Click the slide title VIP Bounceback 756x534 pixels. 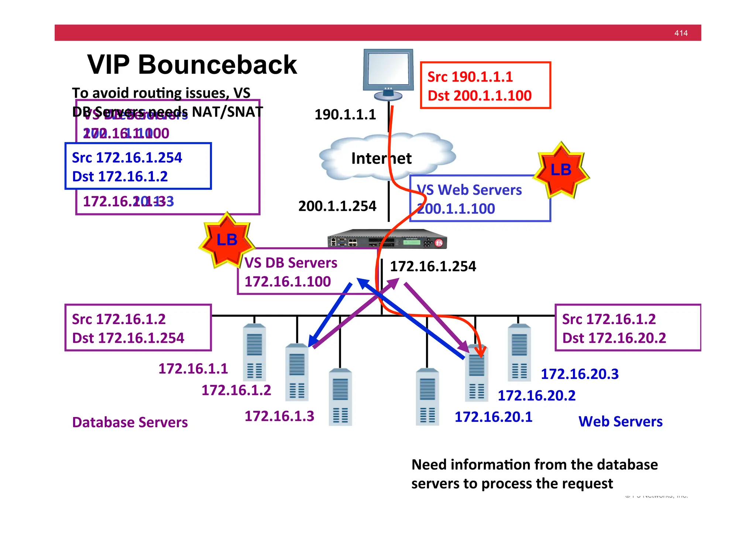point(192,65)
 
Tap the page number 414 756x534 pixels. point(681,33)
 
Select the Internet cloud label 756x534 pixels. point(381,158)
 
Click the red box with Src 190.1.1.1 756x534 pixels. point(485,86)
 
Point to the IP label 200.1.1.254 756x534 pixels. point(337,206)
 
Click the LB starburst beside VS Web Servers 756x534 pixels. point(561,170)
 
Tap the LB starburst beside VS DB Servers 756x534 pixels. point(227,240)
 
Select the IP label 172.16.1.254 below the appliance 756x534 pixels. point(433,266)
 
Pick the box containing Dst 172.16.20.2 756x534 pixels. point(628,328)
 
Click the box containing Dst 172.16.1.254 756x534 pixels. point(138,328)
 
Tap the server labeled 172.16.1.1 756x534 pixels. point(254,352)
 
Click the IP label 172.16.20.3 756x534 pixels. point(579,374)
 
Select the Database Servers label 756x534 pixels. point(130,422)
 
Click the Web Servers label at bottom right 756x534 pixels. point(620,421)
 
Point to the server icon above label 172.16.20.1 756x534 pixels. point(427,397)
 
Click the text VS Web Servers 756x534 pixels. point(469,190)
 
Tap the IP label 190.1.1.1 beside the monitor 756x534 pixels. point(345,114)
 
